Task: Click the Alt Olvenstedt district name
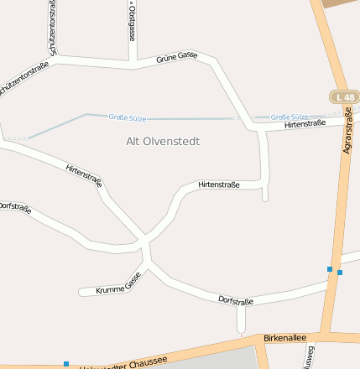[163, 141]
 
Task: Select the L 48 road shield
[344, 97]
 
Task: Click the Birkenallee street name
[280, 335]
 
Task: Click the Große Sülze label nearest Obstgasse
[128, 117]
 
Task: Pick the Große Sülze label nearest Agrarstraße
[290, 117]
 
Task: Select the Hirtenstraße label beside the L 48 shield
[305, 124]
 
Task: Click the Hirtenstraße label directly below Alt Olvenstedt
[219, 184]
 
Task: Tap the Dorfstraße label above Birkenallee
[236, 299]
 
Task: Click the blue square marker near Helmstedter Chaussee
[66, 364]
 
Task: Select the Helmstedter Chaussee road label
[126, 363]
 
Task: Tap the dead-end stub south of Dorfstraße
[242, 320]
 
